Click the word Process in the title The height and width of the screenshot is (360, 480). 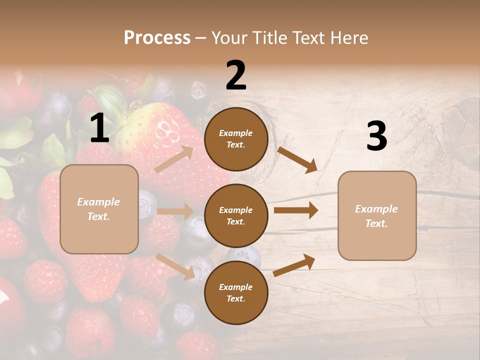point(157,38)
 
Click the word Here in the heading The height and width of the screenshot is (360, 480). point(348,38)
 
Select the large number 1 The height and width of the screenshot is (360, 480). point(99,128)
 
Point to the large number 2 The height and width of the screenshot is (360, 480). point(236,75)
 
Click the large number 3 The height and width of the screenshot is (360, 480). point(376,136)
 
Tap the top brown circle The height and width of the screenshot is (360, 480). point(236,139)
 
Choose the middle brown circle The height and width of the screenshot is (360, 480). point(236,215)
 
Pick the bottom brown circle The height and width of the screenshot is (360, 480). point(236,292)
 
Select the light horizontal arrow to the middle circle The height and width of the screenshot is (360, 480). point(175,211)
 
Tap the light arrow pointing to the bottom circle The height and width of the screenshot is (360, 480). point(175,267)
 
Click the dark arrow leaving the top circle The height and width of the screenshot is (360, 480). point(297,160)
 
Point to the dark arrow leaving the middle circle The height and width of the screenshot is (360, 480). point(296,210)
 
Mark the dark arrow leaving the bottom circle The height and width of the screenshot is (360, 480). point(294,265)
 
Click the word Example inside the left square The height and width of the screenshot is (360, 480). point(98,202)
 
